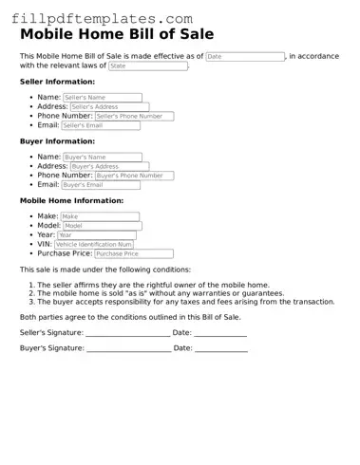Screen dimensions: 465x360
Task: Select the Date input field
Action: point(245,57)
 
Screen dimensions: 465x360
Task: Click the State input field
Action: point(147,66)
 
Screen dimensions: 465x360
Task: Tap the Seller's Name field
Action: point(102,98)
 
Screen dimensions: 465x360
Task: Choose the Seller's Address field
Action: point(109,107)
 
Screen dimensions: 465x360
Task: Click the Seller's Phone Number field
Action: point(134,117)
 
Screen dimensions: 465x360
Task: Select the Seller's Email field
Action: point(101,125)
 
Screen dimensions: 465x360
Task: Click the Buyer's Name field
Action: point(102,157)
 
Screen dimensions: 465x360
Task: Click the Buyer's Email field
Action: point(101,185)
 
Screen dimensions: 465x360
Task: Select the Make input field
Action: point(100,216)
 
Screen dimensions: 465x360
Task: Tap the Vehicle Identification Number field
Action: point(106,245)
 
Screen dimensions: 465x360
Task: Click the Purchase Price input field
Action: point(134,254)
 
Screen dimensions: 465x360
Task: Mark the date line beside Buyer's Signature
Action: point(221,350)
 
